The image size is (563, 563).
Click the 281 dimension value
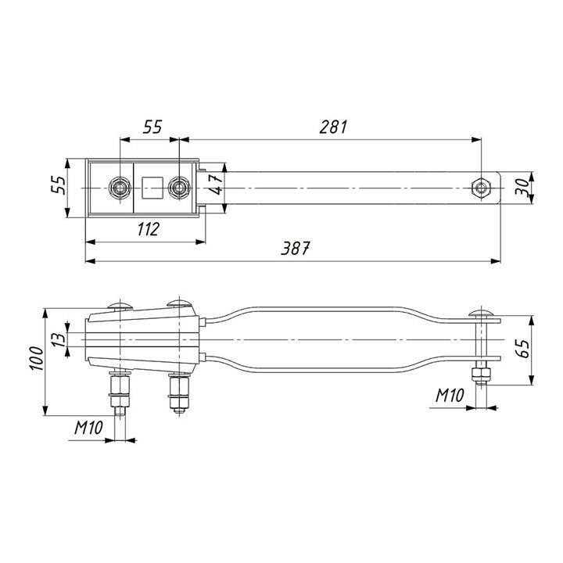point(334,127)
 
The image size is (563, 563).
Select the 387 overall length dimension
point(295,248)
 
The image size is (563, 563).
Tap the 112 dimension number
point(149,229)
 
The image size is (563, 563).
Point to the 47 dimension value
point(217,185)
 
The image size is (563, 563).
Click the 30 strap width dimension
point(522,187)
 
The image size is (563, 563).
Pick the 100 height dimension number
point(36,358)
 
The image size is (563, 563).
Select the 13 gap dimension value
point(59,339)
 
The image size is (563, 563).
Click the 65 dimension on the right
point(524,348)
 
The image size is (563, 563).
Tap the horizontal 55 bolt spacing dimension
point(152,127)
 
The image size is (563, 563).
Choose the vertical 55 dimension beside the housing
point(59,185)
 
